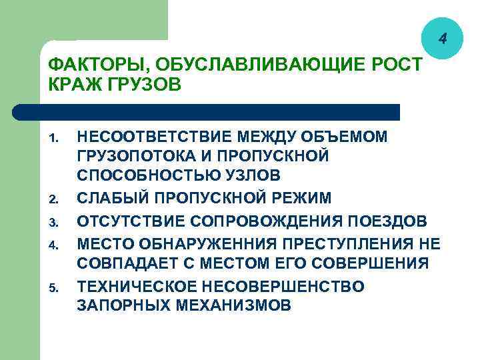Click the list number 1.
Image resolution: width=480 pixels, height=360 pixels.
pyautogui.click(x=55, y=139)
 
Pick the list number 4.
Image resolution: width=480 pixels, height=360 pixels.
pyautogui.click(x=55, y=243)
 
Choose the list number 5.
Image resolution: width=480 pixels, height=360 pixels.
pyautogui.click(x=55, y=288)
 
